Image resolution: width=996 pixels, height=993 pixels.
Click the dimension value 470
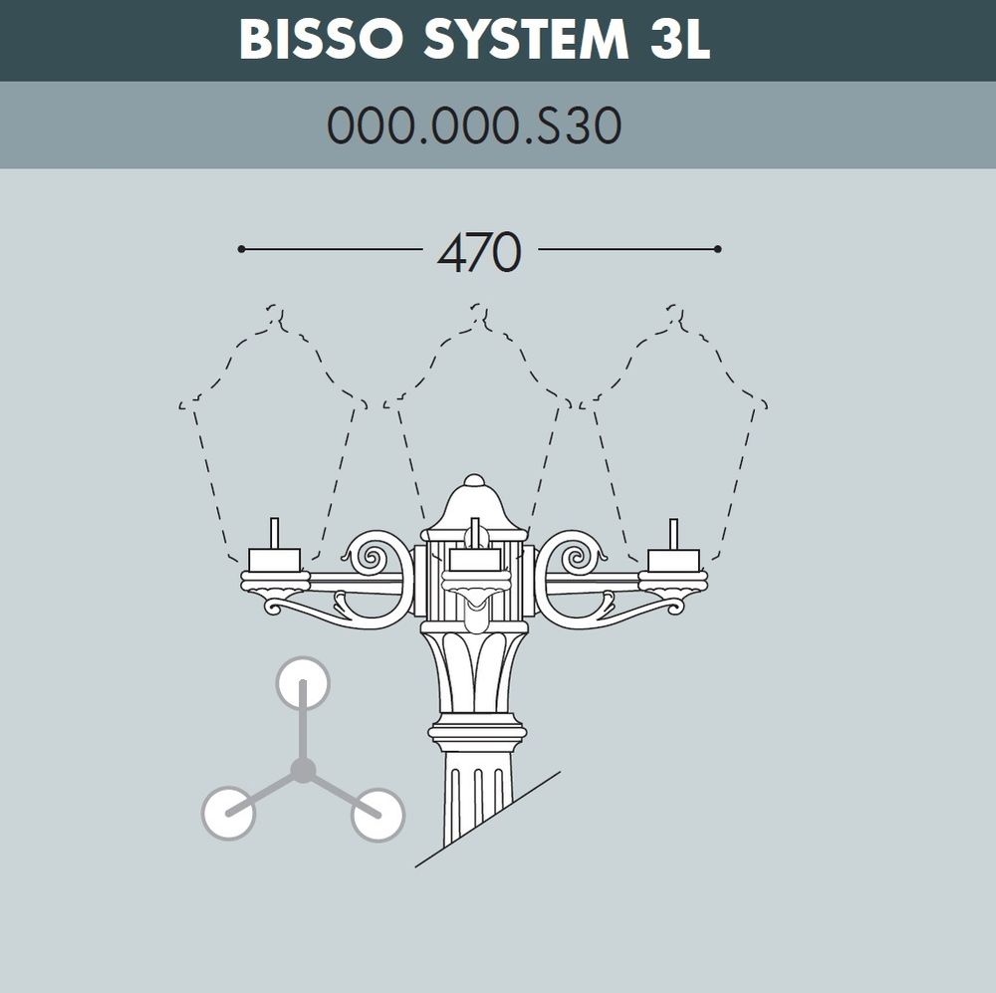479,254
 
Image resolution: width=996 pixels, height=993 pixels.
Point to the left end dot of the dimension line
241,249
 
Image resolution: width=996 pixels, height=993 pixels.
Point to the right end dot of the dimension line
717,249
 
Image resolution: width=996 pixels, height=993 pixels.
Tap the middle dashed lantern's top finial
479,317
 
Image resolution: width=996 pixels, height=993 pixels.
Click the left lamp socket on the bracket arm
274,558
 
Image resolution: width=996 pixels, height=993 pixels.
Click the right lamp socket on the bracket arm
674,558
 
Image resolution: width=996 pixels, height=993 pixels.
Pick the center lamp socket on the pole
475,560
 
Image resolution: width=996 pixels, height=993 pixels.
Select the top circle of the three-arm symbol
302,684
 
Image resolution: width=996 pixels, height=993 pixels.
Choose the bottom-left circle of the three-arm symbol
229,812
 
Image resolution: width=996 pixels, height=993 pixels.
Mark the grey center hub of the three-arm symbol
303,770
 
